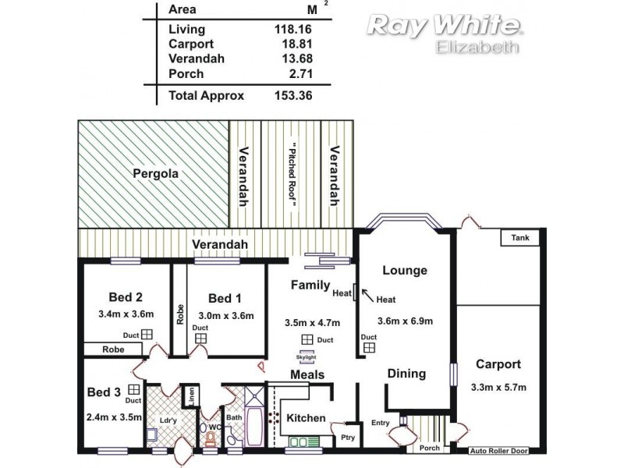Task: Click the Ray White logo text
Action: click(x=444, y=25)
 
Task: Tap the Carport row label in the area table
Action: click(x=190, y=44)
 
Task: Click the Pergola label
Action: click(x=154, y=173)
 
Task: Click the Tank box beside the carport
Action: click(x=519, y=237)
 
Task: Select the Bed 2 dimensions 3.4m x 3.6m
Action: click(x=127, y=314)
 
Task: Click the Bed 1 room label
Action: click(x=221, y=298)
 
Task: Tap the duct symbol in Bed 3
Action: click(x=134, y=388)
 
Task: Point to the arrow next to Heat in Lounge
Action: click(x=365, y=294)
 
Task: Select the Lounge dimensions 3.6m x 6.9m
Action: click(x=406, y=320)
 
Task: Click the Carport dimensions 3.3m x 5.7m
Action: click(x=498, y=388)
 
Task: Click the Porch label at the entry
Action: click(x=429, y=448)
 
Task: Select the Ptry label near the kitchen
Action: click(x=348, y=438)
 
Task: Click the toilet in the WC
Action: click(x=211, y=438)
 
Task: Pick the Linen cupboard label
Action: click(x=190, y=395)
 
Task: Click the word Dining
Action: click(x=406, y=374)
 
